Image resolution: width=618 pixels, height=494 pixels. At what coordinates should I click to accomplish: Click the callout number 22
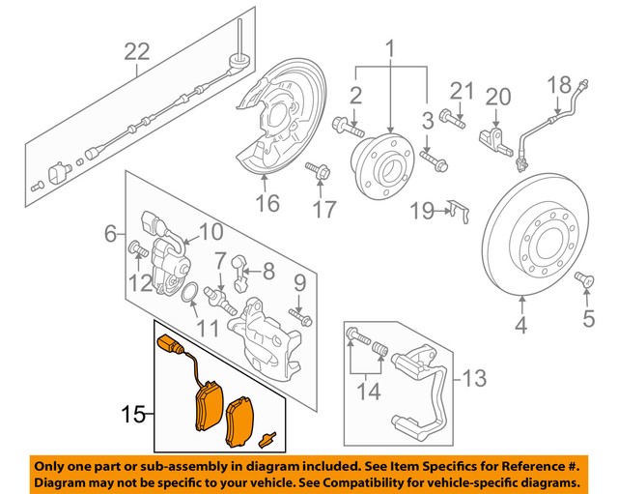click(136, 51)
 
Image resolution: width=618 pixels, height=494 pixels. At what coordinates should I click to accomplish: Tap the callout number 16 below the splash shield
click(267, 203)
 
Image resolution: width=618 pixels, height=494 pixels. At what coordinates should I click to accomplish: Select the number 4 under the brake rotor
click(521, 327)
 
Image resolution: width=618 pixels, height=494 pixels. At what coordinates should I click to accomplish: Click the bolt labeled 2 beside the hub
click(348, 126)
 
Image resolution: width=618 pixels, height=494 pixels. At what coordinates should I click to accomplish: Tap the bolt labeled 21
click(453, 119)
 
